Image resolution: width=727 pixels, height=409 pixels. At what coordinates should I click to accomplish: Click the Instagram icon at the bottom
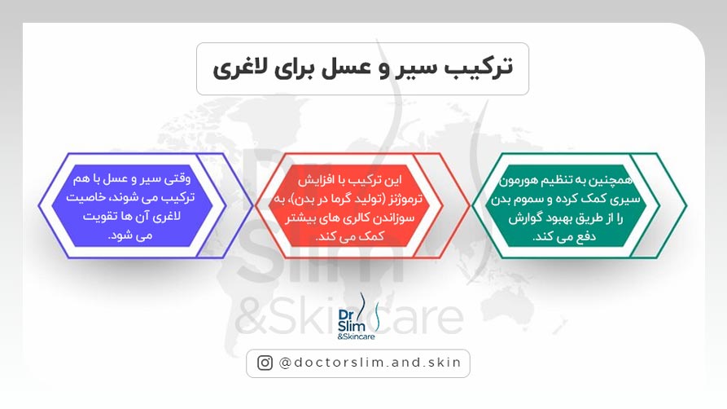click(x=265, y=363)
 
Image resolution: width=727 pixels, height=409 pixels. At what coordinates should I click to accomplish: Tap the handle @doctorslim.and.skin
click(x=370, y=363)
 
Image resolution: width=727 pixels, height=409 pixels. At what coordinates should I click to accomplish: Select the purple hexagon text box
click(x=133, y=204)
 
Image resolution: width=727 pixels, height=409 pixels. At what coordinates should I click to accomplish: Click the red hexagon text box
click(x=361, y=204)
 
